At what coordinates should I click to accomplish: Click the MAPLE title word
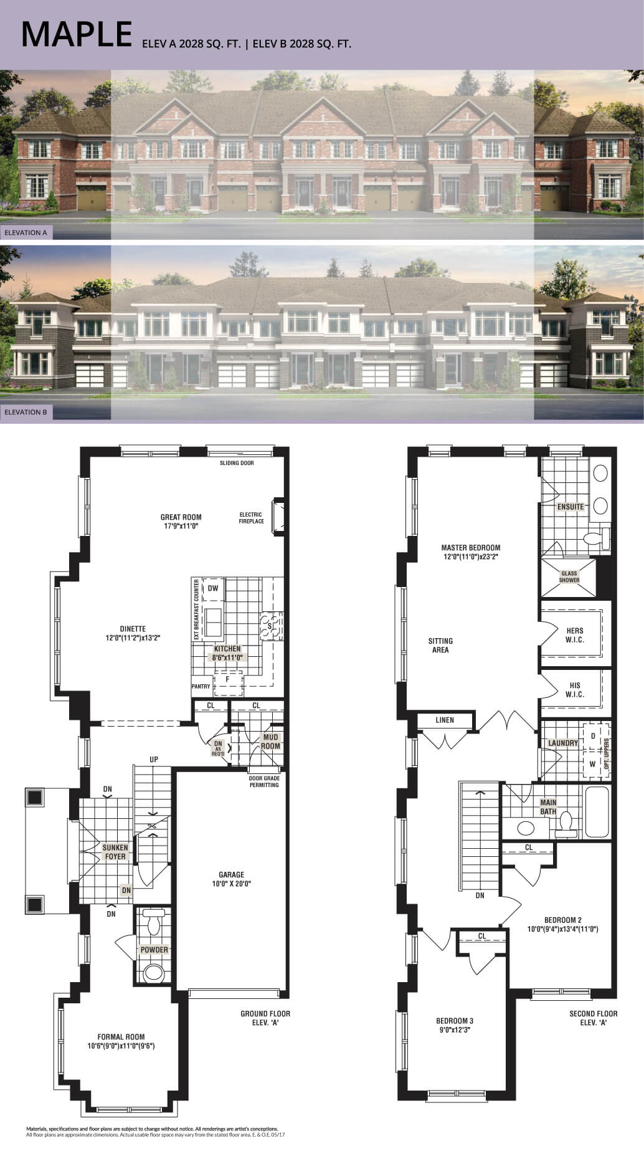pos(77,35)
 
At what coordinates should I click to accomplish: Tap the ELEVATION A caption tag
pos(26,232)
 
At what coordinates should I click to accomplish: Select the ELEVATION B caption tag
pos(26,412)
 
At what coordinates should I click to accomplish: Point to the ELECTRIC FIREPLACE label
pos(251,518)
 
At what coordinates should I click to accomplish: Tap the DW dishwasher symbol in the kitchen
pos(213,588)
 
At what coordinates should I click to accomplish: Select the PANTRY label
pos(201,686)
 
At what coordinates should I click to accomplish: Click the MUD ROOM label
pos(270,742)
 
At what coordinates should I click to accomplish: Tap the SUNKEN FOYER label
pos(115,852)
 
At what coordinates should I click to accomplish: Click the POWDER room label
pos(154,950)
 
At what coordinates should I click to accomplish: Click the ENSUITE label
pos(571,507)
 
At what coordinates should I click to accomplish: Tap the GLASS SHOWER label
pos(569,576)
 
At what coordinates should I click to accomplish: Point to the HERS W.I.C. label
pos(574,635)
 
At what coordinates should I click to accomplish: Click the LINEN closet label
pos(445,720)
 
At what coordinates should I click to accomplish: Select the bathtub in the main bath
pos(596,811)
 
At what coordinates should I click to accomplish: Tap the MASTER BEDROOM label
pos(470,552)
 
